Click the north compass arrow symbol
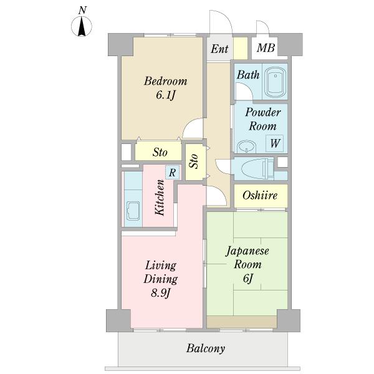click(82, 26)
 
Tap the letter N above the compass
click(82, 10)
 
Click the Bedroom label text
click(165, 81)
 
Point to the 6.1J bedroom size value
click(166, 95)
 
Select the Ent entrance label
click(219, 49)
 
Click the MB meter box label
click(266, 48)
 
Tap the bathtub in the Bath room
click(276, 82)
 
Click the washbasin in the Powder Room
click(247, 146)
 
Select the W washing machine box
click(275, 143)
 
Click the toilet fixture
click(257, 169)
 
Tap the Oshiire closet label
click(260, 195)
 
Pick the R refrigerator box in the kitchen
click(172, 172)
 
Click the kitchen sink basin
click(133, 211)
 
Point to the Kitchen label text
click(160, 198)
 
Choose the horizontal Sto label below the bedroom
click(160, 152)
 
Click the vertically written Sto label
click(194, 161)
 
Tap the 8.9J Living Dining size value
click(161, 293)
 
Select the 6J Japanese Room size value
click(248, 279)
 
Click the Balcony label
click(206, 348)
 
